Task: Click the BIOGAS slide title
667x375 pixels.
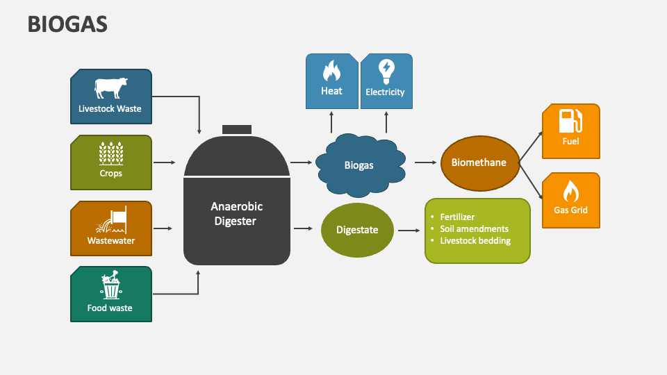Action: [x=67, y=24]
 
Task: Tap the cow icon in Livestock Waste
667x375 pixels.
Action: [x=110, y=88]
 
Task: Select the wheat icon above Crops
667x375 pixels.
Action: [x=110, y=153]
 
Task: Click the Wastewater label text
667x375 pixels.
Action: [x=111, y=241]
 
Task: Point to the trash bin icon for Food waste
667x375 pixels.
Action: [x=110, y=285]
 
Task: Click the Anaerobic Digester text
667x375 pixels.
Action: [x=236, y=214]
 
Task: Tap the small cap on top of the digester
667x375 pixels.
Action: [x=237, y=130]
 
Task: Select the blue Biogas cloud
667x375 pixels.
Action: [x=359, y=165]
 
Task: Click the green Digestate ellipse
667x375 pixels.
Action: [x=357, y=230]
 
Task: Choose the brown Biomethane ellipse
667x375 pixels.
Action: [x=479, y=162]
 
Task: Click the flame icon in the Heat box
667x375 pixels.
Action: [x=331, y=72]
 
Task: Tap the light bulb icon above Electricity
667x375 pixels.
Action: [x=385, y=70]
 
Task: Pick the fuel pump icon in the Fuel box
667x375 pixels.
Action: [x=570, y=121]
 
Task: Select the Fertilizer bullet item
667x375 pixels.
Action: [x=457, y=217]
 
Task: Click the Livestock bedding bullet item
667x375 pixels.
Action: [x=475, y=241]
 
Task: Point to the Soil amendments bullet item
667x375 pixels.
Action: [x=474, y=228]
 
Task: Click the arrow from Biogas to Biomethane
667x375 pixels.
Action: [x=425, y=162]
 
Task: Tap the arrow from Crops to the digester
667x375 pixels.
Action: [x=165, y=162]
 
